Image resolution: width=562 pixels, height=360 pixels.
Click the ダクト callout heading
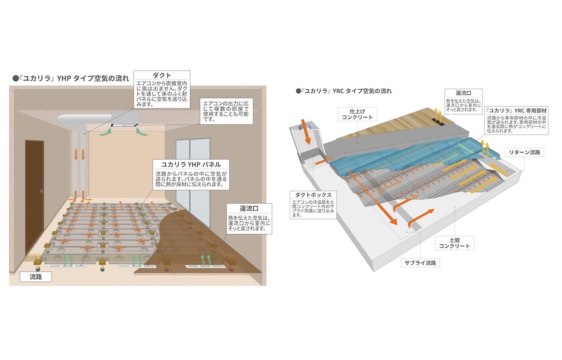pyautogui.click(x=162, y=76)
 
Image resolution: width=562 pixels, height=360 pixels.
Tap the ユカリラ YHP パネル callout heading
pyautogui.click(x=191, y=164)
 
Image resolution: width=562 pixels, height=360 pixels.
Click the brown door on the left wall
pyautogui.click(x=34, y=196)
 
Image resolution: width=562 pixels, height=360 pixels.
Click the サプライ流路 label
pyautogui.click(x=420, y=262)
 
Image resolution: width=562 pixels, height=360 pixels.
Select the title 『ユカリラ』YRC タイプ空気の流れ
pyautogui.click(x=344, y=91)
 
